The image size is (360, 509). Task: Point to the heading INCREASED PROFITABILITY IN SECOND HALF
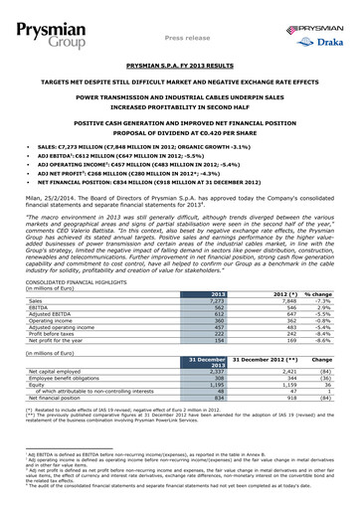pyautogui.click(x=180, y=108)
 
